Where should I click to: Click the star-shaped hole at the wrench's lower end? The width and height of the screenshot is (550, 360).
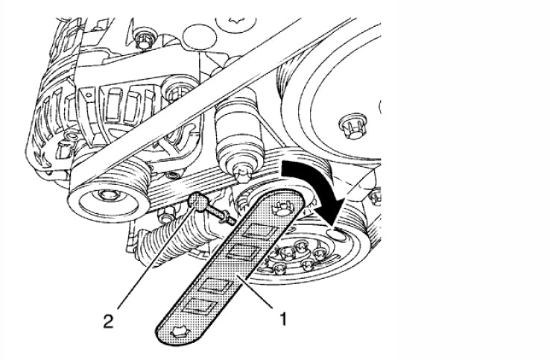tap(178, 331)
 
